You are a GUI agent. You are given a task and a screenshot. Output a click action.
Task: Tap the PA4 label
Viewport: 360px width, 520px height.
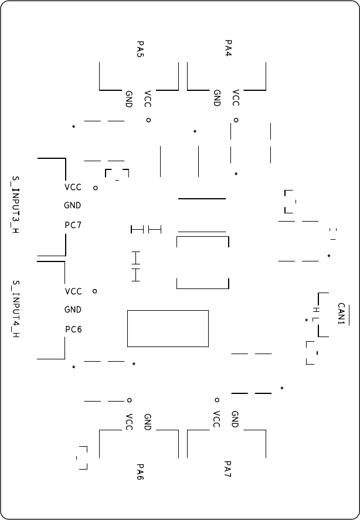(x=228, y=49)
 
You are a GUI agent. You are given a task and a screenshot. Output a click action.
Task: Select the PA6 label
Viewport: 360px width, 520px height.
(x=140, y=472)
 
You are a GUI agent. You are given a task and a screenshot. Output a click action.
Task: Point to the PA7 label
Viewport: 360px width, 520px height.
(x=228, y=468)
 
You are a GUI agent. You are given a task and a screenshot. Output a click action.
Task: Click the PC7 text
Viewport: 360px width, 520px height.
(x=73, y=225)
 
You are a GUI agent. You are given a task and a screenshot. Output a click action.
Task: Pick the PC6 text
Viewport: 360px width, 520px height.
(x=73, y=329)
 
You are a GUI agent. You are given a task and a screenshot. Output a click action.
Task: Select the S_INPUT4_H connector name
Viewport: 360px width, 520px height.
(x=16, y=309)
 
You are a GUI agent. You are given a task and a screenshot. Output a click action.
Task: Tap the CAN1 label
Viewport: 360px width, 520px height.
(x=342, y=314)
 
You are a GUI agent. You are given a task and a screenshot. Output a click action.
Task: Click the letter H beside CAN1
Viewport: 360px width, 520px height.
(x=315, y=309)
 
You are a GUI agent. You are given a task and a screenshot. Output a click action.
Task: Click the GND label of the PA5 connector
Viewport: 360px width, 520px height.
(x=129, y=98)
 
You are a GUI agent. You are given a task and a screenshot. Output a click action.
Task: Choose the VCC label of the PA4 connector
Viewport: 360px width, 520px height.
(x=236, y=98)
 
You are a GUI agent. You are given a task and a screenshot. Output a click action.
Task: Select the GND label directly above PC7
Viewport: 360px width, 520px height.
(x=73, y=206)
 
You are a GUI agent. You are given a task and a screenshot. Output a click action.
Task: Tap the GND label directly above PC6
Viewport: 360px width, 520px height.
(x=73, y=310)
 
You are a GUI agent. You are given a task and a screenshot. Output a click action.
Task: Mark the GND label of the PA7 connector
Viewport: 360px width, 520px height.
(x=235, y=419)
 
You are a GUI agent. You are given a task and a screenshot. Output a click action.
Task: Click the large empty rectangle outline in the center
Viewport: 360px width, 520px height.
(x=168, y=328)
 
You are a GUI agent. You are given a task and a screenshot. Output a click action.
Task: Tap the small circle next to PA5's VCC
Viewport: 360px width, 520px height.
(x=148, y=120)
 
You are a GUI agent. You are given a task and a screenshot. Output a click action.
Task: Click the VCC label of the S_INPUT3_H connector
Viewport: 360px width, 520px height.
(x=73, y=188)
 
